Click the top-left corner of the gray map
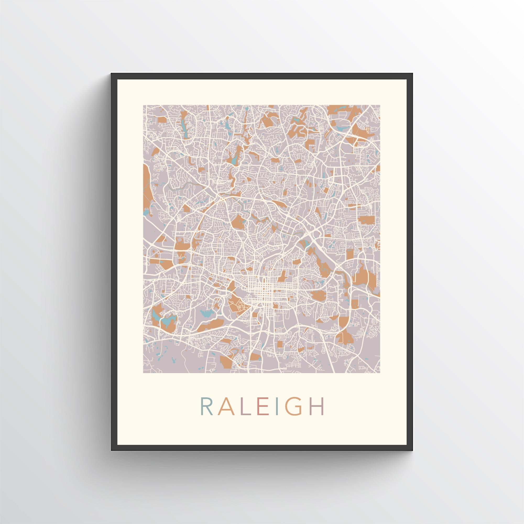(x=143, y=105)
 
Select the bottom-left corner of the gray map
(x=143, y=373)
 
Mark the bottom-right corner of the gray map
(x=380, y=373)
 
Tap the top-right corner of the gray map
(x=380, y=105)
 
